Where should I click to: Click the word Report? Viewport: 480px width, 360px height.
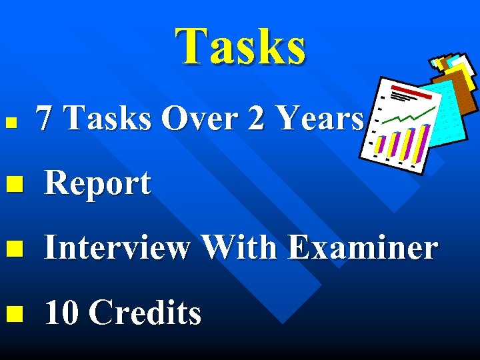97,184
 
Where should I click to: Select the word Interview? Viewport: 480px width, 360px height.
117,248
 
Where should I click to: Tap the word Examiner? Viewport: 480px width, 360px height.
363,248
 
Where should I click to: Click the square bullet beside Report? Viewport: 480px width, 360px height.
13,184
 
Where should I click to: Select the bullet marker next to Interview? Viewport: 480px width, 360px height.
13,249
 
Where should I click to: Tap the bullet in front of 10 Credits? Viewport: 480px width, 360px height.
13,313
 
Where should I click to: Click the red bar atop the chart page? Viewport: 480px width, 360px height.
403,89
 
